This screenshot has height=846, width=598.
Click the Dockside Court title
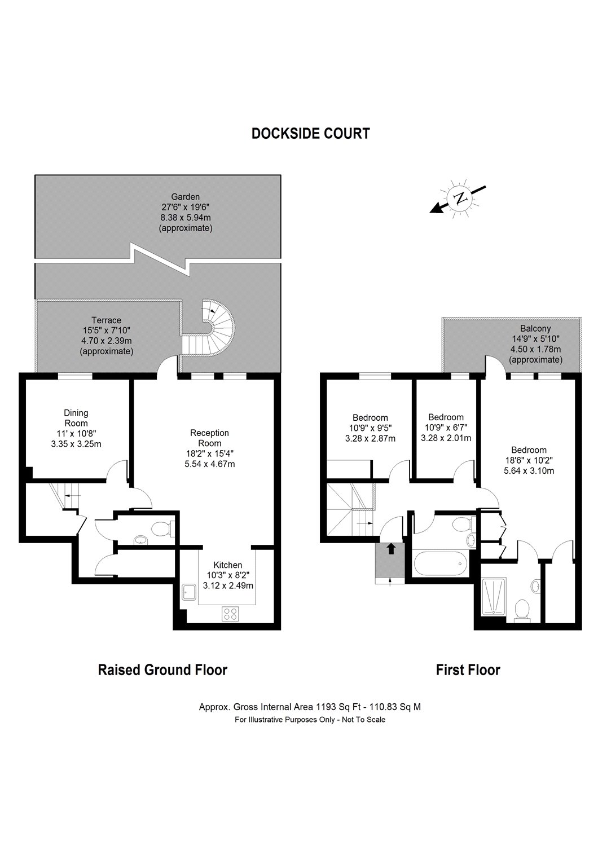pyautogui.click(x=310, y=134)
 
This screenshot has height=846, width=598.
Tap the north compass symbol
pyautogui.click(x=461, y=199)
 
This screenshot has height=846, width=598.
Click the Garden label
pyautogui.click(x=186, y=197)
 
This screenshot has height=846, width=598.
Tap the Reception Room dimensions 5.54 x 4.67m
pyautogui.click(x=209, y=464)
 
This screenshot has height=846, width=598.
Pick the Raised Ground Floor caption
pyautogui.click(x=162, y=670)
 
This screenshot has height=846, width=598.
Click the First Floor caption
pyautogui.click(x=468, y=670)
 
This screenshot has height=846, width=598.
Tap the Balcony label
pyautogui.click(x=535, y=328)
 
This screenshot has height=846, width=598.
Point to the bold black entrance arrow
pyautogui.click(x=391, y=549)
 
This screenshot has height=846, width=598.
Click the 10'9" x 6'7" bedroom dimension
pyautogui.click(x=446, y=428)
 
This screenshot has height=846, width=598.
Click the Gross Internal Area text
pyautogui.click(x=310, y=706)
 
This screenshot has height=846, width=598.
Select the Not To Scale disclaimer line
pyautogui.click(x=310, y=720)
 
